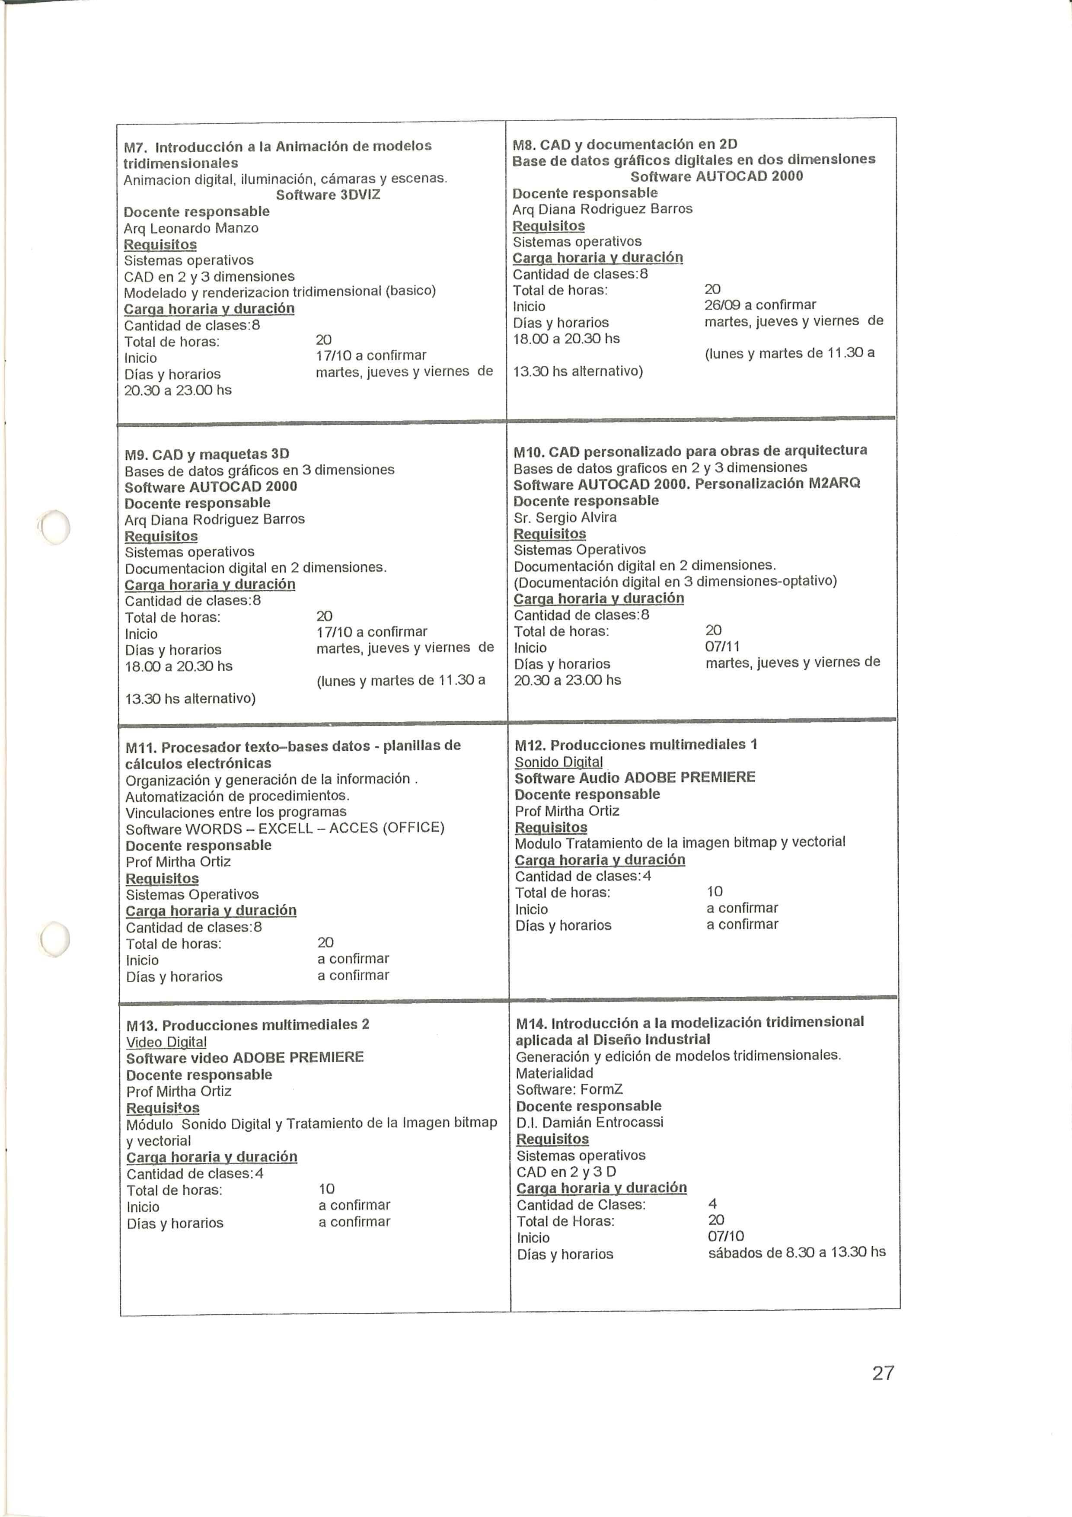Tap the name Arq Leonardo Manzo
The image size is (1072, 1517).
click(191, 228)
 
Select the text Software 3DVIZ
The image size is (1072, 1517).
click(328, 195)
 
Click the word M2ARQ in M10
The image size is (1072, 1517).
click(834, 483)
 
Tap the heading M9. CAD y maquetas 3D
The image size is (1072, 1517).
click(207, 454)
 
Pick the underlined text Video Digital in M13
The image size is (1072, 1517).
click(166, 1042)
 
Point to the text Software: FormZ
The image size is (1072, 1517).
click(569, 1089)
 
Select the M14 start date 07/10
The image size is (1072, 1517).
click(725, 1236)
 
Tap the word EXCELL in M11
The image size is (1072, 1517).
click(285, 829)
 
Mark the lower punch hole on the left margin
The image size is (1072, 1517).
click(55, 938)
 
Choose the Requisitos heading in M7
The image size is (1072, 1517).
click(160, 244)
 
